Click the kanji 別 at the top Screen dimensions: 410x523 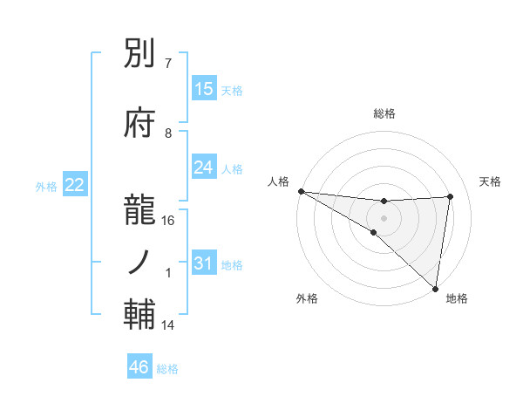140,57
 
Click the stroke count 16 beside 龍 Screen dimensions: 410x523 169,221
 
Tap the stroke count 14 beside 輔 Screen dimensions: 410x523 168,325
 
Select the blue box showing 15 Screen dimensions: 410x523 204,89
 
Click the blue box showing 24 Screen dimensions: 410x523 204,167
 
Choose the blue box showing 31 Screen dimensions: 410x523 204,263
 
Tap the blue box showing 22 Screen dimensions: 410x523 75,185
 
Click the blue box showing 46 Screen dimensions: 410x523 139,367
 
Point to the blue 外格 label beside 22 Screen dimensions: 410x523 46,186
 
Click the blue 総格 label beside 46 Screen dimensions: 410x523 167,369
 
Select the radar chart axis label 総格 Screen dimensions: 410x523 384,113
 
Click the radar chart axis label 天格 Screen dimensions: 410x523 491,181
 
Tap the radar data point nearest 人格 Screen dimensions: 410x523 301,191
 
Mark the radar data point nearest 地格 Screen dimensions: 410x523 435,289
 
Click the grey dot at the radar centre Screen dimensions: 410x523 384,216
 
